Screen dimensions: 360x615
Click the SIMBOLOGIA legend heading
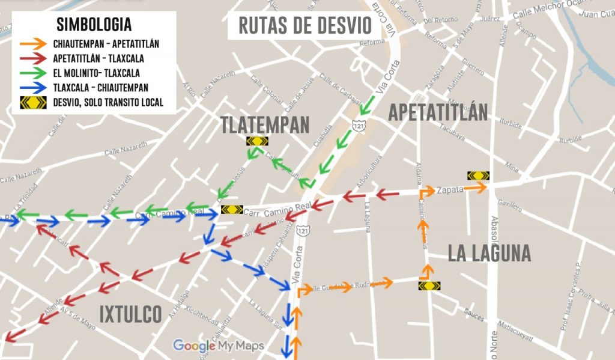pyautogui.click(x=94, y=25)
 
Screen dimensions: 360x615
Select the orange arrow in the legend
pyautogui.click(x=32, y=44)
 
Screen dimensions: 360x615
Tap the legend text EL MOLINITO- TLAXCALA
pyautogui.click(x=96, y=73)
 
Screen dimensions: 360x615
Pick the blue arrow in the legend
pyautogui.click(x=32, y=88)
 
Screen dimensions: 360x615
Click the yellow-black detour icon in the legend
pyautogui.click(x=32, y=102)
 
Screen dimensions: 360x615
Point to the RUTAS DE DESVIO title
pyautogui.click(x=305, y=26)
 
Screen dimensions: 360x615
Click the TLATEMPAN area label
pyautogui.click(x=265, y=124)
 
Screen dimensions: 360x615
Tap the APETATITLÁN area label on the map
pyautogui.click(x=438, y=112)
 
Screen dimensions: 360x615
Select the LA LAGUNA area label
pyautogui.click(x=489, y=254)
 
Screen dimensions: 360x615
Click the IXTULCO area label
pyautogui.click(x=130, y=314)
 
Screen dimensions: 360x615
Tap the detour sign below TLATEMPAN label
pyautogui.click(x=257, y=142)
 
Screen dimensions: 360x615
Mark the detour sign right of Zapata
pyautogui.click(x=479, y=175)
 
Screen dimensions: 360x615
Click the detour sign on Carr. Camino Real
pyautogui.click(x=232, y=210)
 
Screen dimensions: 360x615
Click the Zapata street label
pyautogui.click(x=450, y=189)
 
